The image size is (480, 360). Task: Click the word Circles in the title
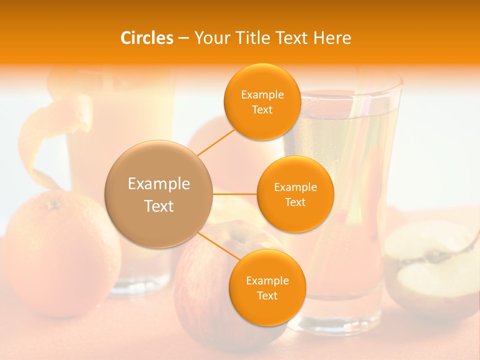[x=147, y=38]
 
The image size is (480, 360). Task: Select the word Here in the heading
[x=332, y=38]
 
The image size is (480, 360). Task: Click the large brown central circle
[x=158, y=194]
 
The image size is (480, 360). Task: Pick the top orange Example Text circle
[x=262, y=101]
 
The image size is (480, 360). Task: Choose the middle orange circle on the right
[x=295, y=194]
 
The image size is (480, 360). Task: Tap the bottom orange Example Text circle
[x=267, y=287]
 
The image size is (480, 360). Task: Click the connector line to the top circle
[x=215, y=142]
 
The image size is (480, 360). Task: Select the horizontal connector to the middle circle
[x=235, y=193]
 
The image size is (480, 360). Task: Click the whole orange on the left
[x=60, y=255]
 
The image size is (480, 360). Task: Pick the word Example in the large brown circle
[x=158, y=184]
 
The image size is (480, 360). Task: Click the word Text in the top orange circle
[x=262, y=109]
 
